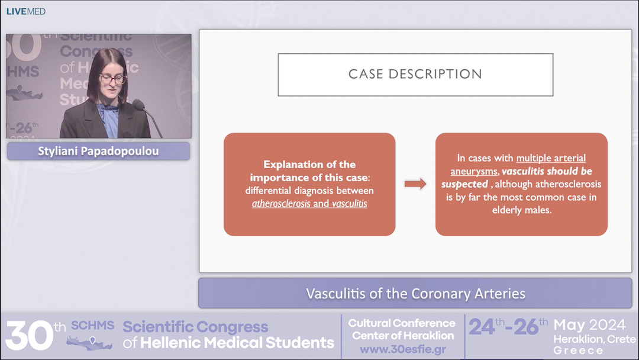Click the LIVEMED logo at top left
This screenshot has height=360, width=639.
(25, 11)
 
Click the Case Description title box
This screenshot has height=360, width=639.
(415, 75)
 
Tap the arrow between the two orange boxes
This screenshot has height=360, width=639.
(415, 184)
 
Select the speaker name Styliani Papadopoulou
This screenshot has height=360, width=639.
(98, 151)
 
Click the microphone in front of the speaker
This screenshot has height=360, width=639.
(138, 106)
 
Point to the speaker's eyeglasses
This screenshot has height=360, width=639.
(112, 78)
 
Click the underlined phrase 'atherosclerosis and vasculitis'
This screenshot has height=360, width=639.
(309, 203)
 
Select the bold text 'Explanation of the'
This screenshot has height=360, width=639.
(309, 165)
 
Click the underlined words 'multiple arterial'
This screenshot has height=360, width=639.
(551, 158)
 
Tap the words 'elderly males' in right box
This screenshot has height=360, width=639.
(521, 210)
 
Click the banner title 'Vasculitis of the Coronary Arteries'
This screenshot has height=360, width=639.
(415, 293)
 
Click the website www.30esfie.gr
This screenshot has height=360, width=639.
(402, 349)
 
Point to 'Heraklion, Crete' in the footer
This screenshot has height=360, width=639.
(594, 339)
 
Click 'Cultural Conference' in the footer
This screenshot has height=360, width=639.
(402, 323)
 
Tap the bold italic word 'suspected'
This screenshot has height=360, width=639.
(464, 184)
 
